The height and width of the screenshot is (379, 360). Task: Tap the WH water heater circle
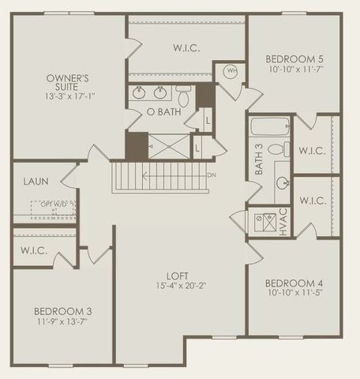(232, 70)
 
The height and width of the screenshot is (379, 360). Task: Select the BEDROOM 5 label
(294, 59)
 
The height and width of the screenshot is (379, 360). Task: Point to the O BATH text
(163, 113)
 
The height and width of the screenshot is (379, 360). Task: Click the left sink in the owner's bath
(140, 92)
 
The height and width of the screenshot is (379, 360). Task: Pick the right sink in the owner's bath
(161, 92)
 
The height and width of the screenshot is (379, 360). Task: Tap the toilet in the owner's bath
(183, 96)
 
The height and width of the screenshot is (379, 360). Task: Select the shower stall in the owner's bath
(170, 146)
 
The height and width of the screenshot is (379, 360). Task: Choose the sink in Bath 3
(282, 182)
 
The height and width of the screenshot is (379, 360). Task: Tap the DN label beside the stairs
(212, 175)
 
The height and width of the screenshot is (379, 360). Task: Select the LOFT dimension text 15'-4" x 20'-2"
(181, 286)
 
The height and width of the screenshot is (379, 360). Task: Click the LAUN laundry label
(36, 182)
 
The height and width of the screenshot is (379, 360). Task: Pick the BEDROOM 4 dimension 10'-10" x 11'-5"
(294, 294)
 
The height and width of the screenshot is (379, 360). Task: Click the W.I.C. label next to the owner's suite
(186, 47)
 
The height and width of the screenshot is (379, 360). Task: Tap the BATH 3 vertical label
(258, 164)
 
